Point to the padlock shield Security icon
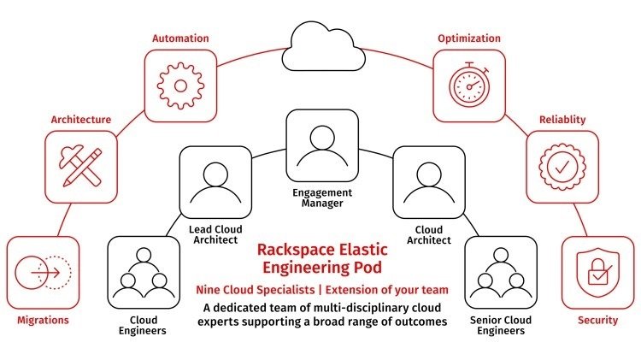pos(597,273)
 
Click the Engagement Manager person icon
pos(320,145)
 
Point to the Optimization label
pos(469,38)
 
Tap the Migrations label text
pos(42,321)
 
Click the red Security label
pos(597,321)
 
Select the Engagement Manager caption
pos(321,198)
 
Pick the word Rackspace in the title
pos(293,251)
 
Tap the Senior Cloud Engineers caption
pos(501,325)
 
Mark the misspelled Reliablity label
pos(562,120)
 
